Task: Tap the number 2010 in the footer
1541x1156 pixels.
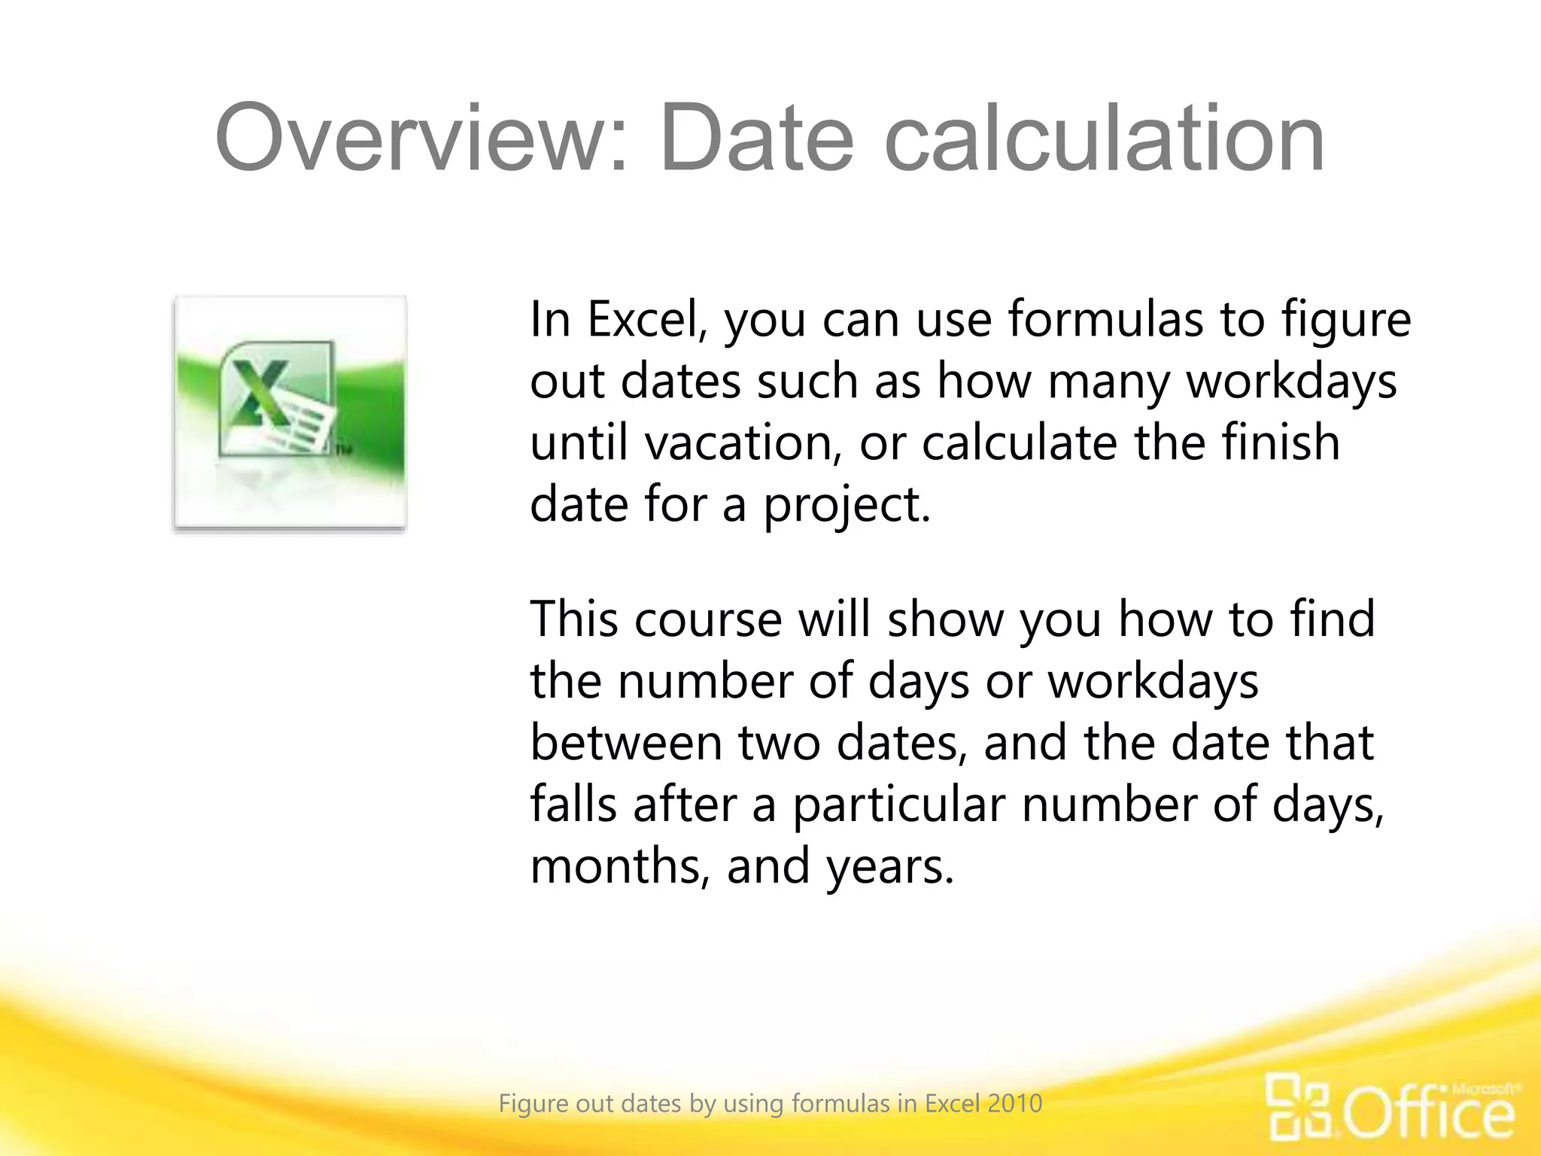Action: (x=1015, y=1103)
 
